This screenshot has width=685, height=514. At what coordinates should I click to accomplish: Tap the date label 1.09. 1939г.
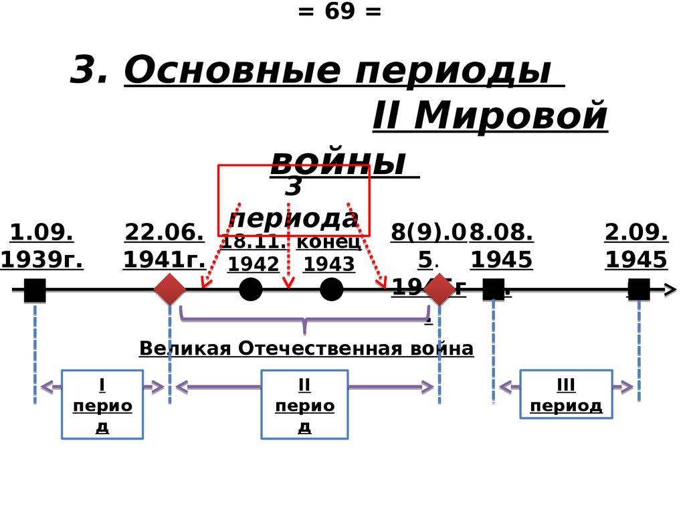41,246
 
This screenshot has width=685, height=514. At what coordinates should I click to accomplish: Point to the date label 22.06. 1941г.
164,246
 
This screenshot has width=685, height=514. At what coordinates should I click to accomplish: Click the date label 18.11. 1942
254,254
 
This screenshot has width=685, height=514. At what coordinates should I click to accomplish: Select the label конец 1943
328,254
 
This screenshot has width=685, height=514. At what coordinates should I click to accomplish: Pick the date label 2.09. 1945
636,246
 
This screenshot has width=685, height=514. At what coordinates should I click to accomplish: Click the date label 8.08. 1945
501,246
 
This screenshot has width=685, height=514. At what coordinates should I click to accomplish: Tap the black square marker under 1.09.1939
35,290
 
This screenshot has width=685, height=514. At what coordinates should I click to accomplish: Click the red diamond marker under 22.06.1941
170,290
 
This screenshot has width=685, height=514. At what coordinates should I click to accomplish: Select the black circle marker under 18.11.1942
251,290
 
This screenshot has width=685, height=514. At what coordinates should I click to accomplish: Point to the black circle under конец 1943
331,290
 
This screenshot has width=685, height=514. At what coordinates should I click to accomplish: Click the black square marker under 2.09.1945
639,290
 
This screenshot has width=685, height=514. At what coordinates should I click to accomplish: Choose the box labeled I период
102,404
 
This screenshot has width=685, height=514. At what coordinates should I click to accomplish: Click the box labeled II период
304,404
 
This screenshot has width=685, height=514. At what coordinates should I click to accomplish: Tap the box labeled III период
566,394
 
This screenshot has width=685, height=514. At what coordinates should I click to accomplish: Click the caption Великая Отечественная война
306,349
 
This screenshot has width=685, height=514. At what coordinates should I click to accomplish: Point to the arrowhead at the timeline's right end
670,290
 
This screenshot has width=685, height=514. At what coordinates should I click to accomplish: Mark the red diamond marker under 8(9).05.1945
439,290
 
